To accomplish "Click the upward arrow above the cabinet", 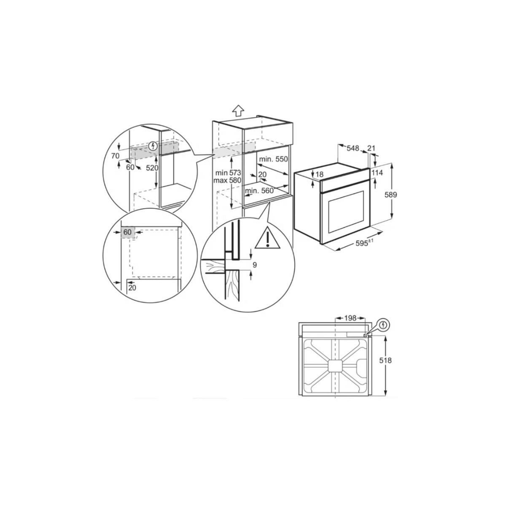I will (238, 110).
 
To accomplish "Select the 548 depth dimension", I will (353, 148).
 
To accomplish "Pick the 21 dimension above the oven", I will (371, 148).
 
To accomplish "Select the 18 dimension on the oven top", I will (319, 174).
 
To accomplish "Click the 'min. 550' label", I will (273, 159).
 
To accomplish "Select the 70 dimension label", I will (115, 156).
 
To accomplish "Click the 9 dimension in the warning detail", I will (254, 265).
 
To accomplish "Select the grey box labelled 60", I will (127, 232).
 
